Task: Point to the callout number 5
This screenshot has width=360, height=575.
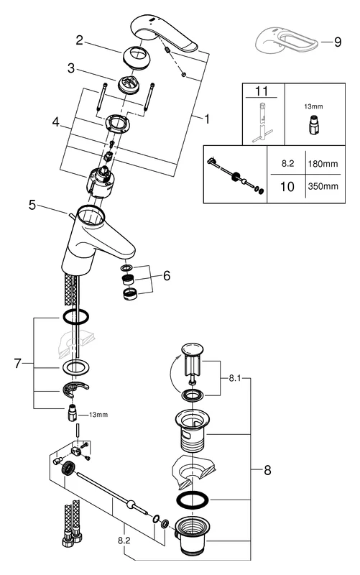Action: (x=32, y=205)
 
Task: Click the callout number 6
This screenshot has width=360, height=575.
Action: (x=166, y=275)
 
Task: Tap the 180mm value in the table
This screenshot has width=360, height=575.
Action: (x=323, y=163)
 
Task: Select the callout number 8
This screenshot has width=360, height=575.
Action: (x=268, y=472)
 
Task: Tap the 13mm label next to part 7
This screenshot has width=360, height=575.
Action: (x=98, y=415)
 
